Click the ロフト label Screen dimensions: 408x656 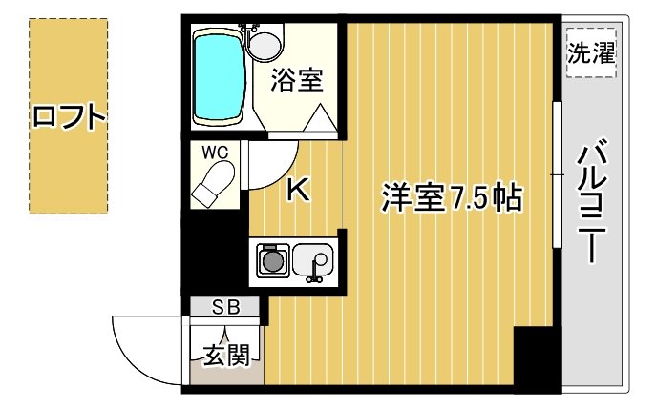(68, 117)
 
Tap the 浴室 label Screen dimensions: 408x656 (296, 80)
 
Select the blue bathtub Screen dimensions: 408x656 (219, 76)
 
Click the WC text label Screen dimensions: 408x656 (213, 152)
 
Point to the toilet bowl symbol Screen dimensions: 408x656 (215, 182)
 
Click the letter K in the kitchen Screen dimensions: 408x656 (298, 191)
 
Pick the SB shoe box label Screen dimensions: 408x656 (225, 307)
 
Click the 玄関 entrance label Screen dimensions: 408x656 (226, 356)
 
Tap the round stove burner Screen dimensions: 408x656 (273, 260)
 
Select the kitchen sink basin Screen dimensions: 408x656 (312, 258)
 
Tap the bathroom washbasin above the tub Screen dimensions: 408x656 (265, 42)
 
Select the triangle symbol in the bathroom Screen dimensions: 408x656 (320, 120)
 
